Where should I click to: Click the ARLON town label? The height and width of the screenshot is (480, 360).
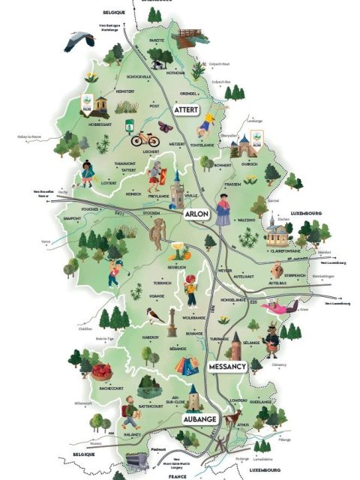pos(196,214)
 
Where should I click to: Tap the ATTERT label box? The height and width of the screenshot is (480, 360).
pos(187,109)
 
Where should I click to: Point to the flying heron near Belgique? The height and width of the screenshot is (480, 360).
pos(77,40)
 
